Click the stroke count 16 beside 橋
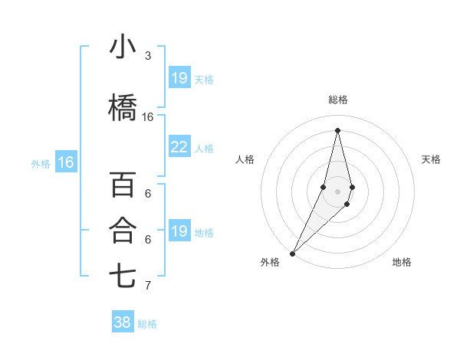pyautogui.click(x=148, y=117)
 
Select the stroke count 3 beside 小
pyautogui.click(x=148, y=56)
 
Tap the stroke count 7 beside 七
pyautogui.click(x=148, y=286)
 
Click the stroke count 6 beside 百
pyautogui.click(x=148, y=193)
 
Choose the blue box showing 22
pyautogui.click(x=179, y=147)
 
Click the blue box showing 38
pyautogui.click(x=123, y=322)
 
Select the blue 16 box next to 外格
pyautogui.click(x=66, y=162)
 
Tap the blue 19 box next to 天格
pyautogui.click(x=179, y=78)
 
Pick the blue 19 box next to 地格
pyautogui.click(x=179, y=231)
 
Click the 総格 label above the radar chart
pyautogui.click(x=337, y=100)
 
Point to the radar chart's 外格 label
pyautogui.click(x=270, y=262)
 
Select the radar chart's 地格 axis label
pyautogui.click(x=402, y=262)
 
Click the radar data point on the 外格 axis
pyautogui.click(x=292, y=252)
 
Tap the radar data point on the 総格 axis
pyautogui.click(x=337, y=130)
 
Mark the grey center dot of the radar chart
pyautogui.click(x=337, y=189)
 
